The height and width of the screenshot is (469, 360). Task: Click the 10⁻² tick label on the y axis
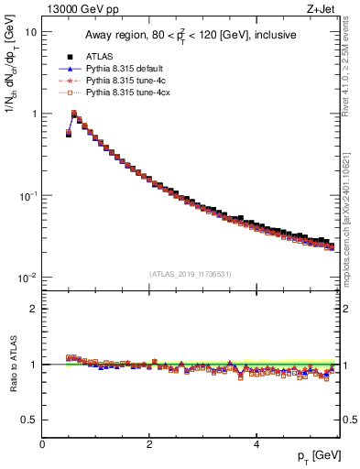click(28, 278)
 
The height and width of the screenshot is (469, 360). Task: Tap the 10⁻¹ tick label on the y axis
click(28, 196)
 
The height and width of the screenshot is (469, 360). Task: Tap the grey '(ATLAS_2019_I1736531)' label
click(191, 274)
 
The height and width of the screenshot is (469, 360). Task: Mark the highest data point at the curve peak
click(74, 114)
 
